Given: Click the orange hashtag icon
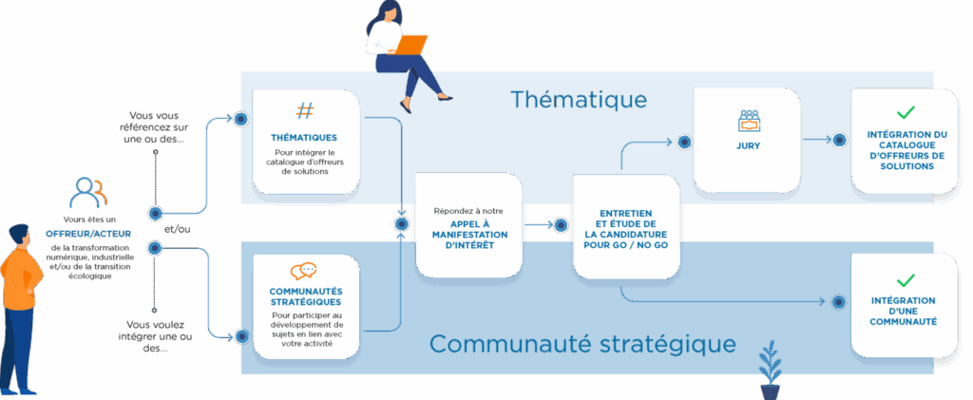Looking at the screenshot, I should tap(304, 111).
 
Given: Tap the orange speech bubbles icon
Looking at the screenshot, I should tap(304, 271).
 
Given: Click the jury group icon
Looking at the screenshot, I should tap(750, 121).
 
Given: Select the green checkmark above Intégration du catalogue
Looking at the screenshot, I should tap(906, 112).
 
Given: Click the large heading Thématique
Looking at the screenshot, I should tap(578, 99).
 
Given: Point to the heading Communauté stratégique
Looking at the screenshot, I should tap(582, 342).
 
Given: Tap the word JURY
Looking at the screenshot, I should tap(749, 146).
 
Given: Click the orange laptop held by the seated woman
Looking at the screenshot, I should tap(410, 45).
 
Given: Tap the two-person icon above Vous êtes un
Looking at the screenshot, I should tap(88, 194).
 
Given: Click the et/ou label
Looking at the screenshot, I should tap(177, 229).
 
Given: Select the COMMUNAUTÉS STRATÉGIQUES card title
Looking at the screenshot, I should tap(306, 296).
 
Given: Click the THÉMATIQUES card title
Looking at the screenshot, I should tap(304, 137).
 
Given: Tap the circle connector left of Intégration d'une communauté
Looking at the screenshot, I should tap(839, 302).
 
